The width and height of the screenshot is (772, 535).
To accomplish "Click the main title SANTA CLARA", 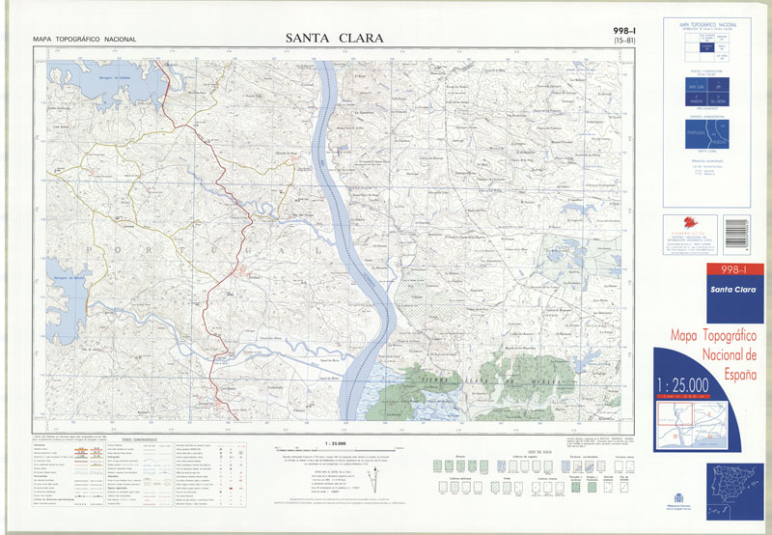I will pyautogui.click(x=335, y=39).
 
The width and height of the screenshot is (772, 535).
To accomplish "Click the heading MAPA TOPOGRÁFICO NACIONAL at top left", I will pyautogui.click(x=84, y=40).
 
